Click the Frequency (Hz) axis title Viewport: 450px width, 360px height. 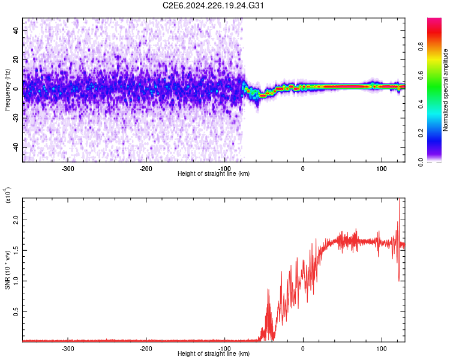coord(7,90)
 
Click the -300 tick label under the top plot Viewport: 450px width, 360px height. coord(67,169)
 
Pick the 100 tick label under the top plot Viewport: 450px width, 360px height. coord(382,169)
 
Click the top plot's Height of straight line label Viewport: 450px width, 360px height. coord(214,174)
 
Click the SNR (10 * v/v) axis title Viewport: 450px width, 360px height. coord(7,270)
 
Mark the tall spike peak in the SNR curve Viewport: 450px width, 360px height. coord(399,200)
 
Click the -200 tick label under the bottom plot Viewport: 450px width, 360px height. coord(145,349)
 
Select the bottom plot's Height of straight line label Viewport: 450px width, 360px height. coord(214,354)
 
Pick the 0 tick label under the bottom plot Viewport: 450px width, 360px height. coord(303,349)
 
